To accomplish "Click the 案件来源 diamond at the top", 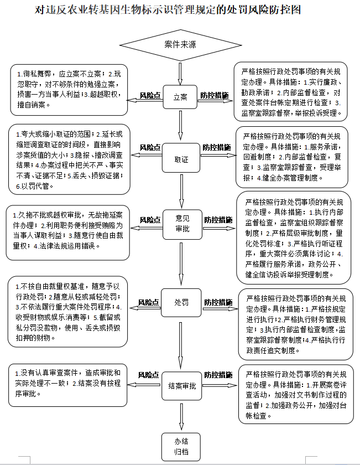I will [180, 44].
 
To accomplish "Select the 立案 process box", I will [180, 97].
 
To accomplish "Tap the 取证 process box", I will [181, 159].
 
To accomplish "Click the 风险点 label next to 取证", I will [150, 147].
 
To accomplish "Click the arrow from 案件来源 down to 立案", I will [180, 72].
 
